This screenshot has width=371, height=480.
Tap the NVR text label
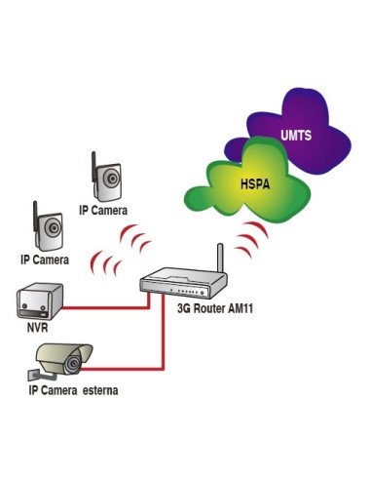[37, 328]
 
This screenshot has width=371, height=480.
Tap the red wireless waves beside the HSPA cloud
[255, 236]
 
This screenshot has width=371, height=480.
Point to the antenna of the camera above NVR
[36, 215]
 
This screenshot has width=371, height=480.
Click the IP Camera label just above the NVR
[45, 260]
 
